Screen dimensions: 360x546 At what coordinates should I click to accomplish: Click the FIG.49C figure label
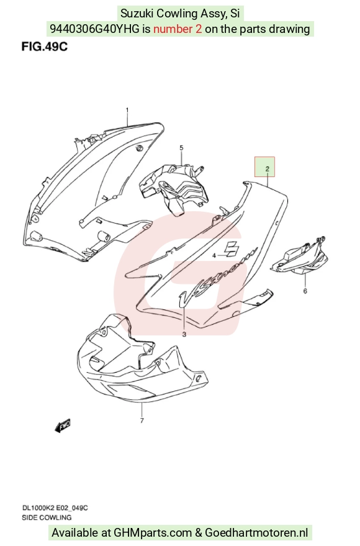[x=45, y=47]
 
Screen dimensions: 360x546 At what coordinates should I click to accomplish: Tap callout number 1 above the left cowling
[x=127, y=111]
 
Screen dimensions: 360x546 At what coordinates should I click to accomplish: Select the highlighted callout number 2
[x=268, y=169]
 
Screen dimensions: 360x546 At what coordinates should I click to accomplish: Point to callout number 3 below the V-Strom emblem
[x=184, y=334]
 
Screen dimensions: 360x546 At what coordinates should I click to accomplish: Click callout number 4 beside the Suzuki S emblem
[x=214, y=255]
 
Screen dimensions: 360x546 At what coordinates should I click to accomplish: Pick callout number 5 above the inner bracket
[x=181, y=148]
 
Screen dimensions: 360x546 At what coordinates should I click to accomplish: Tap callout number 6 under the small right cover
[x=305, y=291]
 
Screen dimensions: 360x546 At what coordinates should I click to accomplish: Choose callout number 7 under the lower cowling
[x=142, y=421]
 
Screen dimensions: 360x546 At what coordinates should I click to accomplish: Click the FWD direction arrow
[x=63, y=425]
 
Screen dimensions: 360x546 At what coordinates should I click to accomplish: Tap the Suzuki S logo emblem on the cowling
[x=230, y=248]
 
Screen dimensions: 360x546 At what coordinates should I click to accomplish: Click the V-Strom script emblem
[x=217, y=276]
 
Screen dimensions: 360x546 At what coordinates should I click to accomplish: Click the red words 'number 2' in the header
[x=178, y=29]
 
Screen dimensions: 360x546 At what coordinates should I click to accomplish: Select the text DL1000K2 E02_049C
[x=55, y=508]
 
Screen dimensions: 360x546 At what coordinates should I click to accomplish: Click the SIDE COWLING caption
[x=47, y=518]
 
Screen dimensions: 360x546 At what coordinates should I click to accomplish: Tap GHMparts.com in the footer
[x=153, y=533]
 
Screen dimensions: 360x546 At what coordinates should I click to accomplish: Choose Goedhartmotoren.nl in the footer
[x=257, y=533]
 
